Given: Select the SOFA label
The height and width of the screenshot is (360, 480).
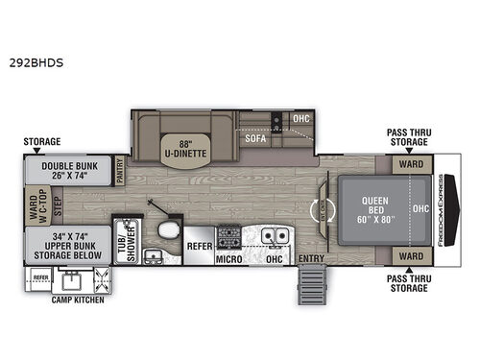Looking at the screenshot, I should (x=254, y=138).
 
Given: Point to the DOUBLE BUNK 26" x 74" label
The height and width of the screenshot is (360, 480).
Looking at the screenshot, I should (x=69, y=171).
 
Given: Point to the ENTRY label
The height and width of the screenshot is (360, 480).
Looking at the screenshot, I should (x=311, y=256).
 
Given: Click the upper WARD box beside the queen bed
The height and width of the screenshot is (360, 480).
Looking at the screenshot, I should (x=411, y=163).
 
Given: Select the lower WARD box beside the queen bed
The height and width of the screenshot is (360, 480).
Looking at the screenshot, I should (x=411, y=256).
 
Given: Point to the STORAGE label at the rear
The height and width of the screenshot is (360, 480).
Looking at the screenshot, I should (x=42, y=140).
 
